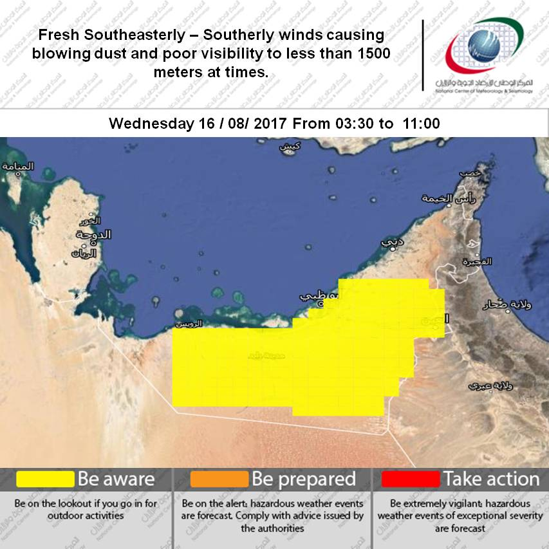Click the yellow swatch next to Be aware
[45, 479]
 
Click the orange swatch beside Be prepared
[219, 479]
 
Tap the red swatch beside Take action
[410, 479]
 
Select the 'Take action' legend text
[490, 479]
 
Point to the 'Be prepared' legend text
[303, 479]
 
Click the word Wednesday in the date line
[149, 123]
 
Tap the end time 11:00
[422, 123]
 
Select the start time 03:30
[353, 123]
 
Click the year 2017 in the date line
[274, 123]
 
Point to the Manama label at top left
[17, 167]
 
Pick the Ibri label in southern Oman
[483, 386]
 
